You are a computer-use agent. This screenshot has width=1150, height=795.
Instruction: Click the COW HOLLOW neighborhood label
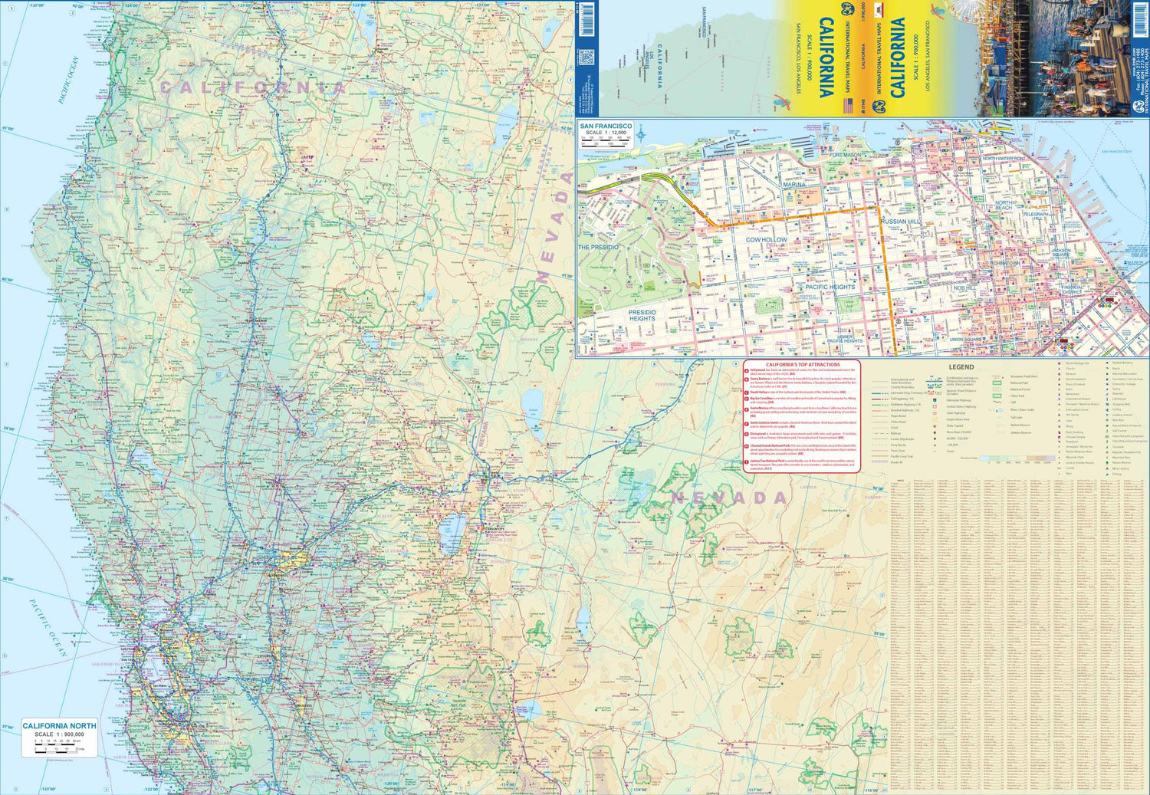(x=766, y=240)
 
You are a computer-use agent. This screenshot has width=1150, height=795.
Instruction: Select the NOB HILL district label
(x=964, y=287)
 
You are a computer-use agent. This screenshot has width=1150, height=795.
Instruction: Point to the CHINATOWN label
(x=1006, y=263)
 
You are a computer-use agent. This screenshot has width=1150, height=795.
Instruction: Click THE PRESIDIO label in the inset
(x=598, y=248)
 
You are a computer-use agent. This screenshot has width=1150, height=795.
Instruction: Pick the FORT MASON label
(x=845, y=155)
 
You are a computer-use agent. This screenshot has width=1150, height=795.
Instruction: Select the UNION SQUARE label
(x=966, y=339)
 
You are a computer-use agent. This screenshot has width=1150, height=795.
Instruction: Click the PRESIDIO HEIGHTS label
(x=642, y=315)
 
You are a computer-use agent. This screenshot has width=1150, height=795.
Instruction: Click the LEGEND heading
(x=961, y=367)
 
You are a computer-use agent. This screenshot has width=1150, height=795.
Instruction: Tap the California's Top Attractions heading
(x=802, y=365)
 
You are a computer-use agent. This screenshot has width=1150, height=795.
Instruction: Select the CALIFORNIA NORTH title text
(x=59, y=725)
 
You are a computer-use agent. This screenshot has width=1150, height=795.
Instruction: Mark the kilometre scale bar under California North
(x=58, y=748)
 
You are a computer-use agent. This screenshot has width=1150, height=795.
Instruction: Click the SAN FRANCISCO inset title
(x=606, y=126)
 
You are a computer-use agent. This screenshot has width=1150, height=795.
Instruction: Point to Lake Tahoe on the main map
(x=452, y=527)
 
